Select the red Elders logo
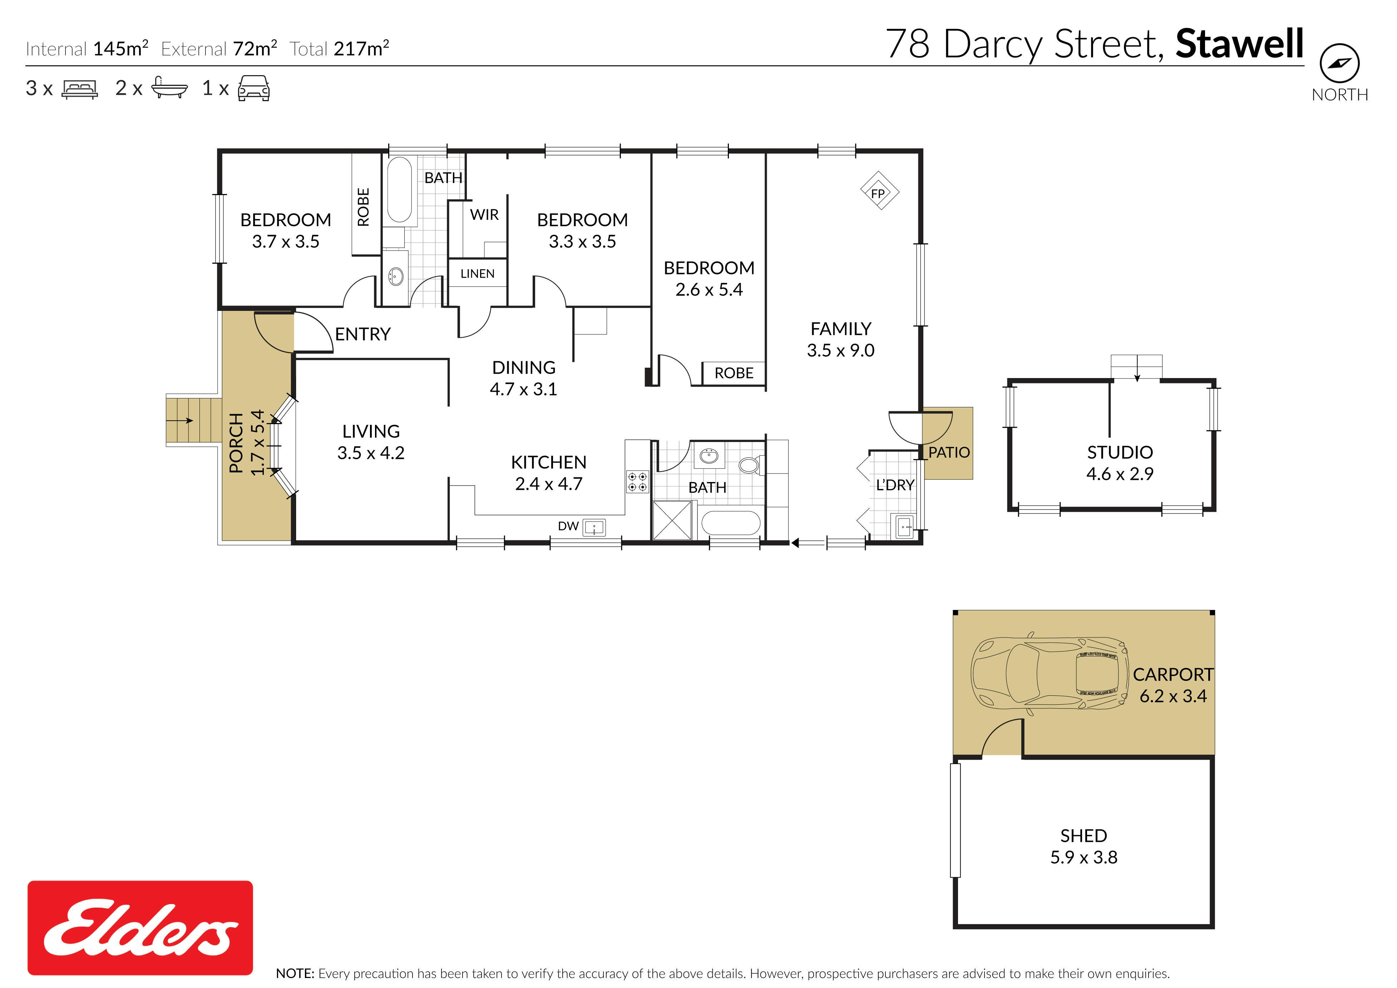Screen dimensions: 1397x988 (x=140, y=928)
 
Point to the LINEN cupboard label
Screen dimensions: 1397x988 (x=478, y=274)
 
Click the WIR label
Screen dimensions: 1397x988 (x=484, y=215)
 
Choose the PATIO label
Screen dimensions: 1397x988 (x=949, y=452)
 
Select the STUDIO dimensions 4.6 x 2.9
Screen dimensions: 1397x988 (x=1120, y=474)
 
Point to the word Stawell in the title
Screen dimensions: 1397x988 (x=1239, y=44)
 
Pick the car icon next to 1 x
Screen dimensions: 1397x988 (x=254, y=88)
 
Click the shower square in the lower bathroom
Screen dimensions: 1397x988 (x=672, y=520)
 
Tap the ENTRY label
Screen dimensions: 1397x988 (x=362, y=334)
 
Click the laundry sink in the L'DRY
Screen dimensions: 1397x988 (x=904, y=526)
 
